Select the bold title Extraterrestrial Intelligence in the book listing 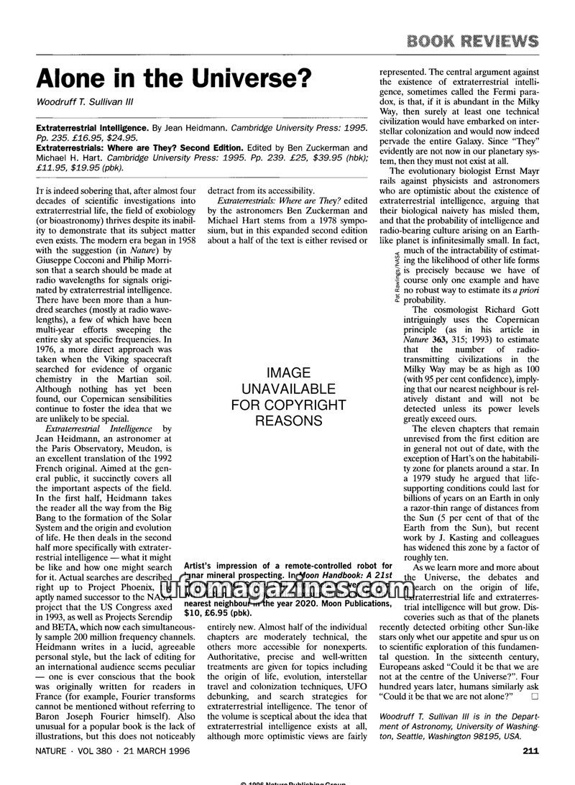93,127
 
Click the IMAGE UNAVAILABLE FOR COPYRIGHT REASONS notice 287,396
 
